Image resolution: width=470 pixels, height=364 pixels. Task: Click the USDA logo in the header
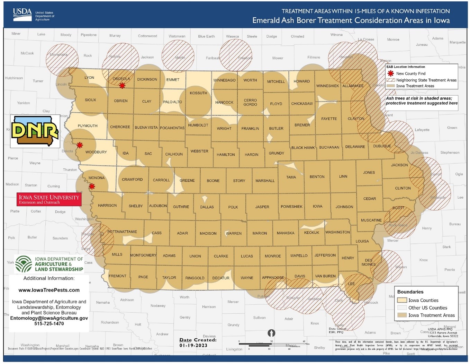(x=22, y=14)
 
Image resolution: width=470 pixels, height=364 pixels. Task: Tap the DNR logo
(x=35, y=131)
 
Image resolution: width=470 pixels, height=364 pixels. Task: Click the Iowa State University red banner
(x=49, y=199)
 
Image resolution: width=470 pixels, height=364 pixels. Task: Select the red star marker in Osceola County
(x=122, y=86)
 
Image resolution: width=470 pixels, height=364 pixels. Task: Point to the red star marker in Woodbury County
(x=80, y=145)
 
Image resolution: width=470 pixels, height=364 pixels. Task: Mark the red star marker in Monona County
(x=92, y=187)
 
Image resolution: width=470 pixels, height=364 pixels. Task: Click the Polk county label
(x=233, y=207)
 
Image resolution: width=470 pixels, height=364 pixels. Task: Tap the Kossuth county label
(x=198, y=93)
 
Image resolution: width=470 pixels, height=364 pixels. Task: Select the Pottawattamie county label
(x=122, y=232)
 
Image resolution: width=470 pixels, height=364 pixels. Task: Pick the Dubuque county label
(x=382, y=146)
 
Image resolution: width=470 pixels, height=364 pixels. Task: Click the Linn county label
(x=343, y=176)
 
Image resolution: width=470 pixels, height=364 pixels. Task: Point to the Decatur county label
(x=221, y=278)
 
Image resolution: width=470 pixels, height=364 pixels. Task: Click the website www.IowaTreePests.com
(x=49, y=290)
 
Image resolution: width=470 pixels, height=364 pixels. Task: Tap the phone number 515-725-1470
(x=49, y=323)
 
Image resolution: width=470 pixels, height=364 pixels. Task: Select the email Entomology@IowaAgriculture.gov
(x=49, y=318)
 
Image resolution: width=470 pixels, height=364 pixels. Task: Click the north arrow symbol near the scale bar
(x=271, y=333)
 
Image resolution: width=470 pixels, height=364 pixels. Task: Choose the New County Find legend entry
(x=410, y=73)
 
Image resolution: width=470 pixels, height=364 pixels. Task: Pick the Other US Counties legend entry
(x=427, y=308)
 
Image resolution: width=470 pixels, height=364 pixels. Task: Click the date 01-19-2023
(x=193, y=345)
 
